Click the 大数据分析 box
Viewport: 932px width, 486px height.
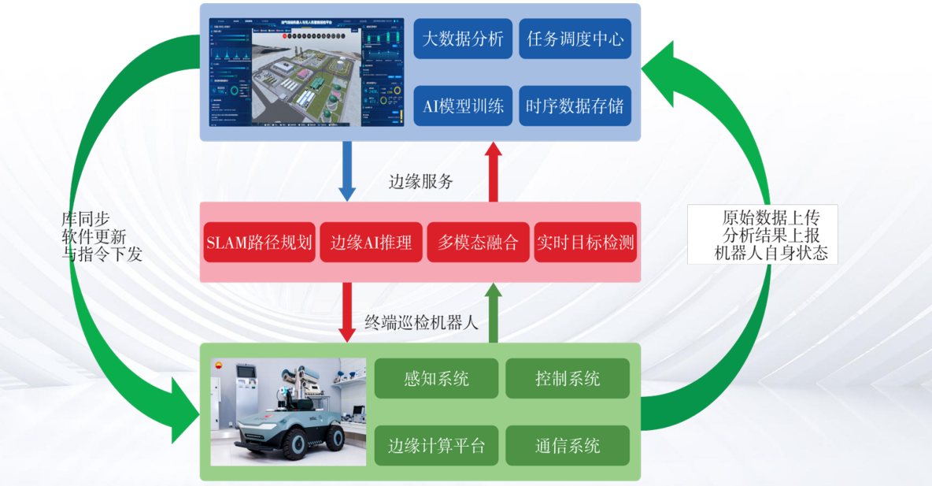click(x=463, y=39)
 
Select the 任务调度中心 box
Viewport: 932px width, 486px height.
click(x=575, y=39)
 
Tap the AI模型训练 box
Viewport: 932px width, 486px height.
click(x=463, y=106)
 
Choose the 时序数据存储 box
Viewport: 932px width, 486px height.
click(x=575, y=106)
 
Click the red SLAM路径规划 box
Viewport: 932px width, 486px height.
click(x=259, y=243)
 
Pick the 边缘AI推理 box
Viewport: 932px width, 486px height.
click(x=371, y=243)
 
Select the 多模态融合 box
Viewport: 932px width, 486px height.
click(x=479, y=243)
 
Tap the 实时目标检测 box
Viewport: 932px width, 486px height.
click(x=585, y=243)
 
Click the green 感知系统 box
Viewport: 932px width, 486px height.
click(x=436, y=378)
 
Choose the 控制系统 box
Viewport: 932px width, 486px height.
click(x=568, y=378)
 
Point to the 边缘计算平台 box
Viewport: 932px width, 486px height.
click(x=436, y=446)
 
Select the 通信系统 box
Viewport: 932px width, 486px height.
click(x=568, y=446)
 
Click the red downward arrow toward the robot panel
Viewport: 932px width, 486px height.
click(x=346, y=312)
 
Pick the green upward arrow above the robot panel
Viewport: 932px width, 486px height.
click(x=493, y=313)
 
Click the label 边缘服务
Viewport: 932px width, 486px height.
click(x=421, y=182)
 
